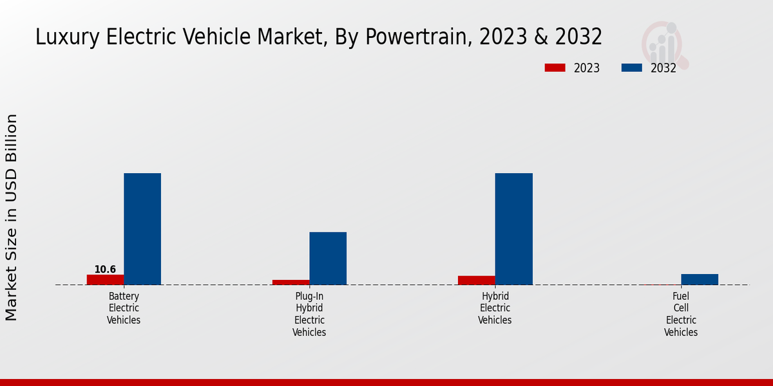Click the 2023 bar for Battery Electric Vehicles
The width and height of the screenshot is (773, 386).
click(x=105, y=280)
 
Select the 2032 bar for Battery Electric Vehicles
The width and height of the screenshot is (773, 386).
click(x=142, y=229)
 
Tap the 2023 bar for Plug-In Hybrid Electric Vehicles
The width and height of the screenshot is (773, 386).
click(x=291, y=282)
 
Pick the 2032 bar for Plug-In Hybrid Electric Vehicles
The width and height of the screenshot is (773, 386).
click(x=328, y=258)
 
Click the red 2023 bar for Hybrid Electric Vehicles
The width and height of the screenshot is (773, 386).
click(x=477, y=280)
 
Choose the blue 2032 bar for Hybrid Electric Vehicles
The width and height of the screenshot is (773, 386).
click(x=514, y=229)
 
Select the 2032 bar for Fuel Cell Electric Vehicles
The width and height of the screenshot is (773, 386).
click(x=700, y=279)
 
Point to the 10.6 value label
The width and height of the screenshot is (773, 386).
click(x=105, y=270)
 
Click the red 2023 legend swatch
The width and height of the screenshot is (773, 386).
click(x=555, y=68)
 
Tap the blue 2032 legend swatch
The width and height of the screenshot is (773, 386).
click(x=632, y=68)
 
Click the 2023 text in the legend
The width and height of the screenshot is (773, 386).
click(x=587, y=68)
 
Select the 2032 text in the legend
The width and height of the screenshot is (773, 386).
click(x=663, y=68)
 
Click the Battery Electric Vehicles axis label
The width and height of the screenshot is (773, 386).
click(x=124, y=308)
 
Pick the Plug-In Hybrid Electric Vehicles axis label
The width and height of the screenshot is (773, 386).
click(x=309, y=314)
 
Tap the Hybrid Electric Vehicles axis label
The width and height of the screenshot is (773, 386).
click(x=495, y=308)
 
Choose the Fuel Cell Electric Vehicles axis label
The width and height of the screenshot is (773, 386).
click(x=681, y=314)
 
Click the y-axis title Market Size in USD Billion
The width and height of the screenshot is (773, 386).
click(x=12, y=217)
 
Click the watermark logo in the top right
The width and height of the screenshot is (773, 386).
click(x=664, y=44)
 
